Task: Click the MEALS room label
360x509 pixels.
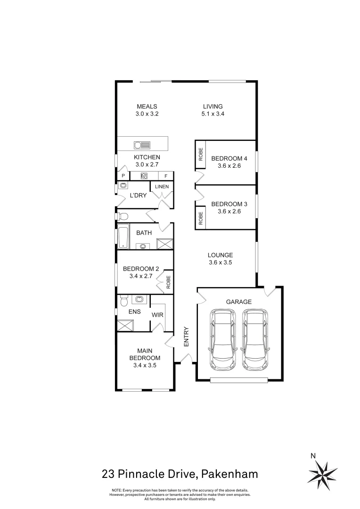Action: pos(147,107)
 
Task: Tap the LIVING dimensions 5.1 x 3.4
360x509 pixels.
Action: pos(213,114)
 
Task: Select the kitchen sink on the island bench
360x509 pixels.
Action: pos(142,145)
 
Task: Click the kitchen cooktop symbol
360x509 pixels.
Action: pos(145,176)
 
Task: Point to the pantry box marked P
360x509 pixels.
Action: pos(123,176)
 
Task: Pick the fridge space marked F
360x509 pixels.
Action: pos(166,176)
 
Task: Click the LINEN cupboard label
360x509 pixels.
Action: pos(162,187)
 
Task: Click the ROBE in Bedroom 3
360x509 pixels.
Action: pos(201,217)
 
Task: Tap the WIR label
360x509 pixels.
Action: pos(157,315)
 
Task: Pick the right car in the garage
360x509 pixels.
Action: pos(255,340)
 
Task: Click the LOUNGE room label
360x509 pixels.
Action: pos(221,255)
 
